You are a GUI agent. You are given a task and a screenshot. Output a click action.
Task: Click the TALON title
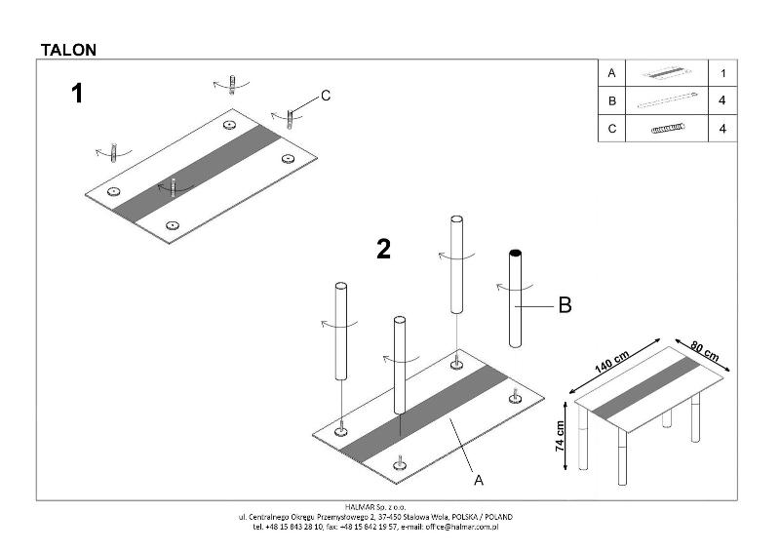click(x=67, y=48)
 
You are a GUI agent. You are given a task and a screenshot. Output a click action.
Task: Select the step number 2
click(x=383, y=251)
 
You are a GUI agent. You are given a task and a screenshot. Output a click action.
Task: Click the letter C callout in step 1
click(x=326, y=96)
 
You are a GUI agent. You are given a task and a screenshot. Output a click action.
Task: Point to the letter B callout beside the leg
click(x=564, y=306)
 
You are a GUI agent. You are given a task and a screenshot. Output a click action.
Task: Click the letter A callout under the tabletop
click(x=479, y=480)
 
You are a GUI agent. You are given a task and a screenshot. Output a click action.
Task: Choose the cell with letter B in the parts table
click(x=611, y=100)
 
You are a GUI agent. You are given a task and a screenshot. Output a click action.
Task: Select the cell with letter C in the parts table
click(x=611, y=128)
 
